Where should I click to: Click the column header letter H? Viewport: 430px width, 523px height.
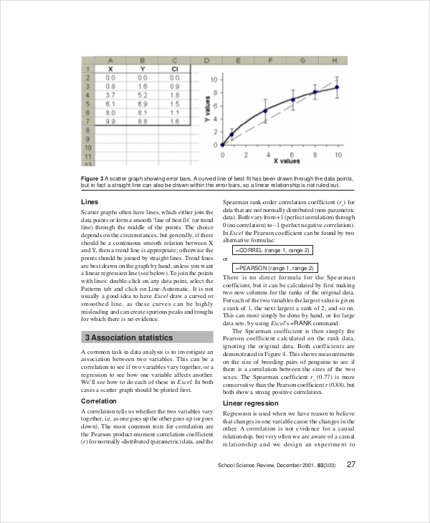tap(335, 59)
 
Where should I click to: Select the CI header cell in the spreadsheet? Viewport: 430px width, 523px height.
tap(174, 69)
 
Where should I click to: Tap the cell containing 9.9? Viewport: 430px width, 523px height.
tap(111, 122)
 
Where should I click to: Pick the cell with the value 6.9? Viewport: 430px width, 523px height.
tap(143, 104)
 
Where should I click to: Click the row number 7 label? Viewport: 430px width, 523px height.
tap(87, 122)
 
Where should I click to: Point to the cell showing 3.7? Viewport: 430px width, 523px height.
tap(111, 95)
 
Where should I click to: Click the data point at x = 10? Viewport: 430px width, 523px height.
tap(337, 87)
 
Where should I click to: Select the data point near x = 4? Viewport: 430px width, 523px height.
tap(265, 110)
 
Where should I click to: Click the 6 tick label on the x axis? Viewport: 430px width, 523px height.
tap(292, 154)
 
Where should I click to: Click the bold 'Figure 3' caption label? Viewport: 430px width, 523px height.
tap(92, 178)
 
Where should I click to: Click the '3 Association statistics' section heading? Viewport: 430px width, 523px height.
tap(129, 337)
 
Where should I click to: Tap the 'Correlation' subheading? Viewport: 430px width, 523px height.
tap(100, 401)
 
